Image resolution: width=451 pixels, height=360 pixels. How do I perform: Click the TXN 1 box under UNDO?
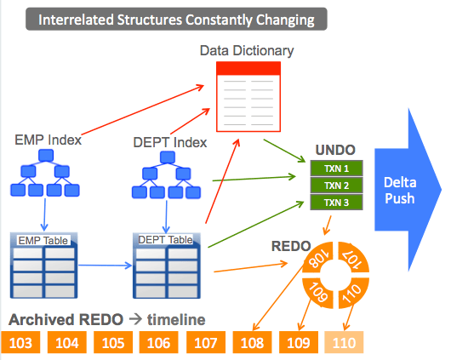(x=336, y=169)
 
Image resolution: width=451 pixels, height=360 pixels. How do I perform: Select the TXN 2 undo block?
(x=336, y=186)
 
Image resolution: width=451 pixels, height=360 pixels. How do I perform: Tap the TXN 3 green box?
(x=336, y=203)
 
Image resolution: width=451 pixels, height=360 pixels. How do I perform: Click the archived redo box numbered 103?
(x=20, y=342)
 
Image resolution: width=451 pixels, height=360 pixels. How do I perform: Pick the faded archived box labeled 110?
(x=344, y=342)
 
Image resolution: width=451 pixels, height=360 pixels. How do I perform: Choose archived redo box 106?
(x=159, y=342)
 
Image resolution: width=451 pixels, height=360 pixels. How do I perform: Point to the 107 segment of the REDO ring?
(x=353, y=258)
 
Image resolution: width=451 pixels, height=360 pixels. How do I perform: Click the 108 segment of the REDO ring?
(x=318, y=258)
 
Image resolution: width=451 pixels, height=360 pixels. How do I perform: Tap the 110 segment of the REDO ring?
(x=353, y=293)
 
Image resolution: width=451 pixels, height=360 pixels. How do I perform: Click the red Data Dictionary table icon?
(x=248, y=97)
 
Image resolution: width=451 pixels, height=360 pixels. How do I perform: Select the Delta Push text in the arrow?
(x=400, y=191)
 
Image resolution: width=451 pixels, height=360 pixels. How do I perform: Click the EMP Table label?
(x=43, y=240)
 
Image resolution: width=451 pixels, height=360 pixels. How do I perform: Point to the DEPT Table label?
(x=165, y=239)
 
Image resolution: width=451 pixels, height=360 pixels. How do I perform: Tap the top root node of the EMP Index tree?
(x=46, y=156)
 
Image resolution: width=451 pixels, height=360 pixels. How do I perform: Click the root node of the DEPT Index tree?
(x=168, y=157)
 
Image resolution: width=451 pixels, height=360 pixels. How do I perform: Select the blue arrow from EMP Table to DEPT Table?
(x=105, y=266)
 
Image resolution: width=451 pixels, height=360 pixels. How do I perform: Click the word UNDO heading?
(x=335, y=150)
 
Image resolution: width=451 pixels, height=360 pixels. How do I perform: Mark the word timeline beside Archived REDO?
(x=176, y=320)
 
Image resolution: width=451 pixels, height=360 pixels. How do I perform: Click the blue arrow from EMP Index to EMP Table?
(x=44, y=214)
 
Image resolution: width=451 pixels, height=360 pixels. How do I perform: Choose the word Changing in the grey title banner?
(x=285, y=20)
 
